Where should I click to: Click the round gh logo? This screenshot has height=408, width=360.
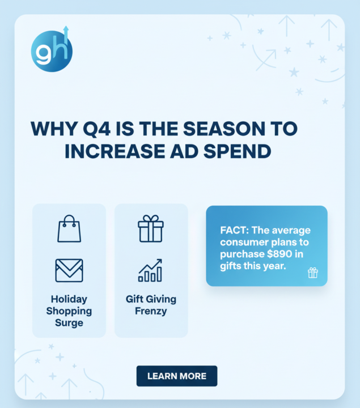[52, 51]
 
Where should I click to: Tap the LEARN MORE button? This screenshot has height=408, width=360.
[177, 376]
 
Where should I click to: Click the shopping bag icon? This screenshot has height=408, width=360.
[69, 228]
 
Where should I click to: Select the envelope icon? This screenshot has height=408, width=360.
[69, 270]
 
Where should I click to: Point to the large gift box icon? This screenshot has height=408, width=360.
[151, 228]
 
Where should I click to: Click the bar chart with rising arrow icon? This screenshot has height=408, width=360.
[151, 270]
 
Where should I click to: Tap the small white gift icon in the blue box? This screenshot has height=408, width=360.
[313, 273]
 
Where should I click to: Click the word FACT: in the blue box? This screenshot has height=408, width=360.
[232, 231]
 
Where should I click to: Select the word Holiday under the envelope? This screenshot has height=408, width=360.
[69, 299]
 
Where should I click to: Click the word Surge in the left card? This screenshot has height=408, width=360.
[69, 323]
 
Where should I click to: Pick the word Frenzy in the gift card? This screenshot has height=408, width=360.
[151, 311]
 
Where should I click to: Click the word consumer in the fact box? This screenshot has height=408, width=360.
[242, 243]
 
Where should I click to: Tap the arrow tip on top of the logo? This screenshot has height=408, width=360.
[66, 28]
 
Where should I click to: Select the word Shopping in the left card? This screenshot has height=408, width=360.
[69, 311]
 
